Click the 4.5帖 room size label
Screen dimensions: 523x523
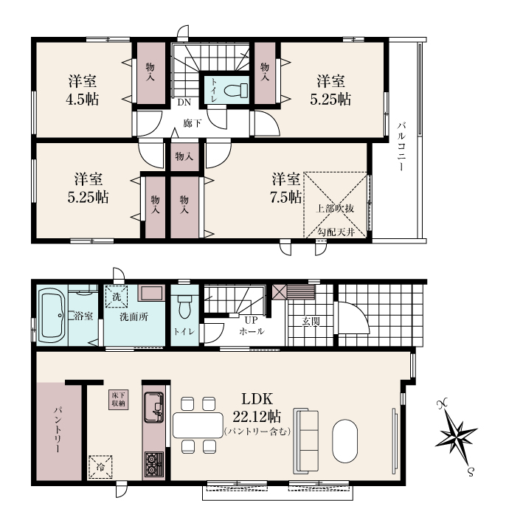click(x=82, y=99)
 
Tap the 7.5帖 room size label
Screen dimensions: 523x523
click(x=285, y=197)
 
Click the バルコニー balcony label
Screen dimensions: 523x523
click(x=401, y=147)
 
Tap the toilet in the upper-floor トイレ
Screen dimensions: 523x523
click(x=236, y=90)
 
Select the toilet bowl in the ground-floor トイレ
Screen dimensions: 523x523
click(x=184, y=308)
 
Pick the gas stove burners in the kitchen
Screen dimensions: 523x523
click(x=153, y=464)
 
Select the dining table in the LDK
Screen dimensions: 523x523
click(x=198, y=425)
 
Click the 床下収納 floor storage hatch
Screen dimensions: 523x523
click(x=118, y=400)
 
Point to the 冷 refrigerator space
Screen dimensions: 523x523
click(x=100, y=467)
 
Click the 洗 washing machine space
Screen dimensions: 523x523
click(x=117, y=297)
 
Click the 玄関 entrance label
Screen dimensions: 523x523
click(x=311, y=321)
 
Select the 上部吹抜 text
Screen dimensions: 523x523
click(x=335, y=209)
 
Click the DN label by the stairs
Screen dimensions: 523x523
click(x=184, y=103)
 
